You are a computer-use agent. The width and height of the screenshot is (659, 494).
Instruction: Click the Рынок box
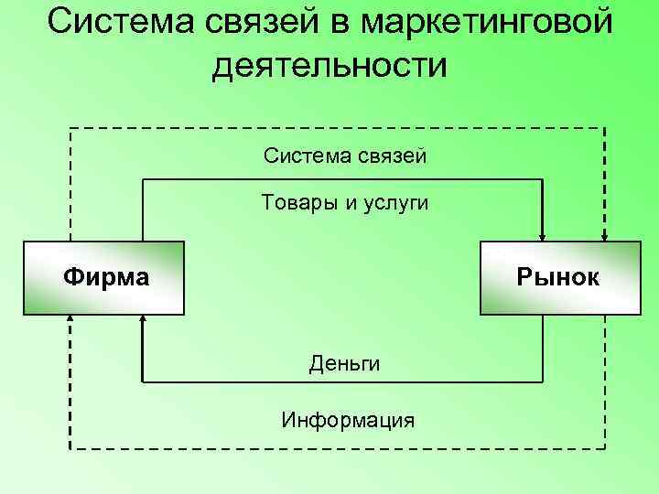[560, 277]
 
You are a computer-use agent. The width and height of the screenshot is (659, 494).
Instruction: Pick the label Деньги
[344, 363]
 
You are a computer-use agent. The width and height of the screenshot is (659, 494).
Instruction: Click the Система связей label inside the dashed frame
[344, 156]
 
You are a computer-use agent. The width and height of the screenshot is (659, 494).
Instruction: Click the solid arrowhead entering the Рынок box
[544, 233]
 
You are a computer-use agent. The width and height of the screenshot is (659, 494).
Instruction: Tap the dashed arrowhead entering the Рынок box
[604, 233]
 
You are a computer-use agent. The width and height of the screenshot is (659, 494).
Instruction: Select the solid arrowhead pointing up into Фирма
[143, 321]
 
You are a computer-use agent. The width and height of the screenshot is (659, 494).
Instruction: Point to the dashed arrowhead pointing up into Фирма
[70, 321]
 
